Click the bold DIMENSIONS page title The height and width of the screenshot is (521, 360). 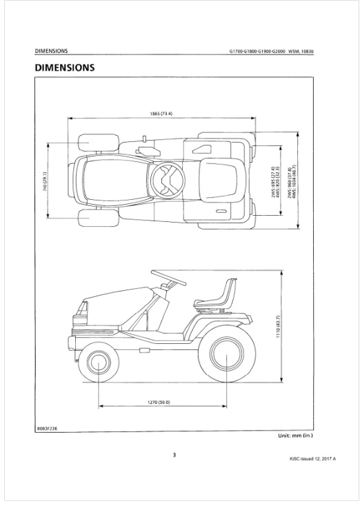pos(65,68)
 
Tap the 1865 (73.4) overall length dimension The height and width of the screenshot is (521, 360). pos(161,114)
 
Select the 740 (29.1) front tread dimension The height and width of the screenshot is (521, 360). pos(45,181)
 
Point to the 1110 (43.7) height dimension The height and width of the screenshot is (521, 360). pos(278,327)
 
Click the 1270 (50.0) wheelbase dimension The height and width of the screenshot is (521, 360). pos(159,402)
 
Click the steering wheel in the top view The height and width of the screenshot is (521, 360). pos(167,179)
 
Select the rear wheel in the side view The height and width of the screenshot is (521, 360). pos(227,354)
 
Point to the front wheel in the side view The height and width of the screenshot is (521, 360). pos(99,362)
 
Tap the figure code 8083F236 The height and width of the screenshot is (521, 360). pos(46,429)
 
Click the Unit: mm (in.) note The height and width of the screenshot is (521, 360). pos(295,436)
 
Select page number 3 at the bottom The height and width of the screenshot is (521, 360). pos(174,456)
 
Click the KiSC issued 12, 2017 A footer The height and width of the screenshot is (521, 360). pos(312,459)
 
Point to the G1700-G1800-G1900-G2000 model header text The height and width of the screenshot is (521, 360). pos(257,52)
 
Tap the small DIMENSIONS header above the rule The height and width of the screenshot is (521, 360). pos(51,51)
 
